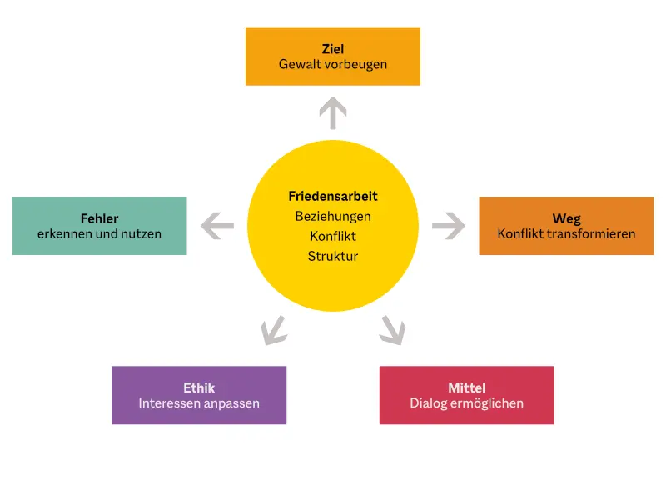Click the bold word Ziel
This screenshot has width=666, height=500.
(333, 49)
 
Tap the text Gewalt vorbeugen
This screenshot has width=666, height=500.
(333, 64)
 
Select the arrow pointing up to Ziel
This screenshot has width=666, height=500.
(333, 112)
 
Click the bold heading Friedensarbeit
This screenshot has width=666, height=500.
(333, 197)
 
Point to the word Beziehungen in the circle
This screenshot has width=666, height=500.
(333, 216)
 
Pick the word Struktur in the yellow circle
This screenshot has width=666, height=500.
(333, 256)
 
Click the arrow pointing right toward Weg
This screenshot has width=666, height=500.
(449, 225)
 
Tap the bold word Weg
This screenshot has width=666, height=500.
(566, 219)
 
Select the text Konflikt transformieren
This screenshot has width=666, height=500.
(566, 234)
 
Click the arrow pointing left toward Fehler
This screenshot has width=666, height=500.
(216, 225)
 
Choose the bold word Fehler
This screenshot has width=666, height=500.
(100, 219)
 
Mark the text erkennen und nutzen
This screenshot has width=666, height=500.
(100, 234)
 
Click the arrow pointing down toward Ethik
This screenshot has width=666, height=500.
(273, 330)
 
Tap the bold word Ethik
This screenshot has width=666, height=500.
(199, 388)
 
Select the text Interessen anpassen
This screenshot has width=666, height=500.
(199, 403)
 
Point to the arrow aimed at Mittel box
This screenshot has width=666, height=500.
(392, 330)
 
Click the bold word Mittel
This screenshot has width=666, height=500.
(466, 388)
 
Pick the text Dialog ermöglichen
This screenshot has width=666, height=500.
(466, 403)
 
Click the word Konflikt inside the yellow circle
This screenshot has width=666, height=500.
(333, 236)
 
